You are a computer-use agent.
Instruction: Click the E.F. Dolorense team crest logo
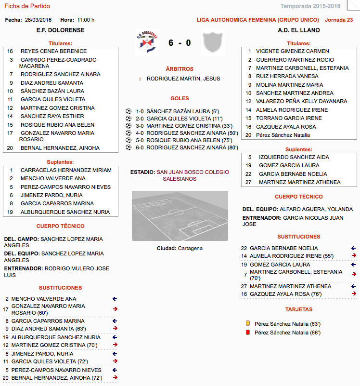tap(147, 43)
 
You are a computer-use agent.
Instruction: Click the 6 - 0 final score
tap(180, 43)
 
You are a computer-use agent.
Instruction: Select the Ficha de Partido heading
tap(27, 6)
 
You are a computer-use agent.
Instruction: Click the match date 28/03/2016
tap(38, 20)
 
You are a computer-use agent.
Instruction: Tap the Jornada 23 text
tap(339, 20)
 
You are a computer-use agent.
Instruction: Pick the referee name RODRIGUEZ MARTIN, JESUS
tap(183, 78)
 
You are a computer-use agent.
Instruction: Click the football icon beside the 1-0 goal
tap(128, 111)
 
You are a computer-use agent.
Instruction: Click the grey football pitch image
tap(180, 215)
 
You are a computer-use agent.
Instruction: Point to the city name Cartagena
tap(190, 248)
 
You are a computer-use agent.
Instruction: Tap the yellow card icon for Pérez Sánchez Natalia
tap(247, 324)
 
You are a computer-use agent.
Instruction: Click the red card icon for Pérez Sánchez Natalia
tap(247, 333)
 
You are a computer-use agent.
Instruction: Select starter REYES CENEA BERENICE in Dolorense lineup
tap(53, 51)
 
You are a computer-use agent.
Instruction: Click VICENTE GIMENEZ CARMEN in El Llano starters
tap(292, 51)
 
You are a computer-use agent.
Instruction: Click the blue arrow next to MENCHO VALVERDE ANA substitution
tap(115, 299)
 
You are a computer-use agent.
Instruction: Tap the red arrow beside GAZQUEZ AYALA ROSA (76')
tap(354, 293)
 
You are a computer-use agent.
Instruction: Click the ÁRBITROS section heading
tap(180, 69)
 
